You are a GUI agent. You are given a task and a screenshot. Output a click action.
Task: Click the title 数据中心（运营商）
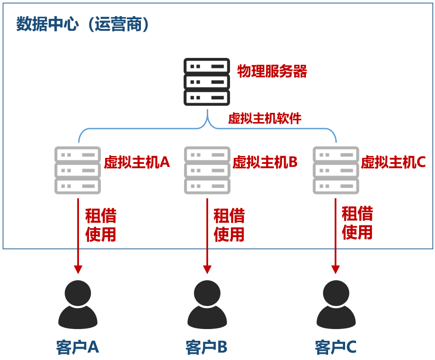[83, 25]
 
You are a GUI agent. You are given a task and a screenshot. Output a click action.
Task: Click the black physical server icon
[206, 82]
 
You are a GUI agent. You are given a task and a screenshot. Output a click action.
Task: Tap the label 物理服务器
[272, 71]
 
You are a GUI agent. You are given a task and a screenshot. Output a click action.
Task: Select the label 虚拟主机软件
[264, 119]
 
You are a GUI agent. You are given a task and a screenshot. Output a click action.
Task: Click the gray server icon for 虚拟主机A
[78, 170]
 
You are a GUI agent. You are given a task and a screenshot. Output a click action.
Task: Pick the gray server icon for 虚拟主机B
[207, 170]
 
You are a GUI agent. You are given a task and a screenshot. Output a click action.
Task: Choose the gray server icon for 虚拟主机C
[336, 170]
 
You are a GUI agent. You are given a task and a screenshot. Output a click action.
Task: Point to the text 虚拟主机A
[137, 163]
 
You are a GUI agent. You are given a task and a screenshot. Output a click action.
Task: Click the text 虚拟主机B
[265, 163]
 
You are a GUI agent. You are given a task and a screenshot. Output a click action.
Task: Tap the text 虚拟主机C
[393, 163]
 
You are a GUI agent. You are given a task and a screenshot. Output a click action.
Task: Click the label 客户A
[78, 347]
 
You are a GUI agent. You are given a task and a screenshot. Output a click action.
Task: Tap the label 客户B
[206, 347]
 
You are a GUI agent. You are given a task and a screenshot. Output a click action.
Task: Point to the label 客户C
[336, 347]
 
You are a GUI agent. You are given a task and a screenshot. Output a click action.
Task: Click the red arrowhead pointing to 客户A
[78, 269]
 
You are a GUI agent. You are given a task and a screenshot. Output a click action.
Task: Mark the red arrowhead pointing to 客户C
[336, 269]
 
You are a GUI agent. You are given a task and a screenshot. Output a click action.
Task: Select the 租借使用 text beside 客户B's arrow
[229, 225]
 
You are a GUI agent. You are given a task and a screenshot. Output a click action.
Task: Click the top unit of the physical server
[206, 66]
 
